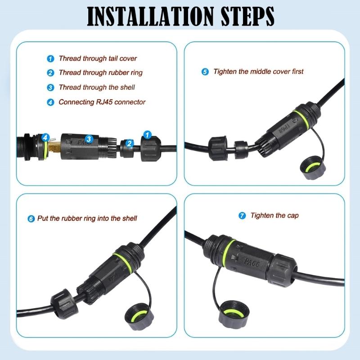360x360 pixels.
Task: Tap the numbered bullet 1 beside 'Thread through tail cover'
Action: pyautogui.click(x=50, y=58)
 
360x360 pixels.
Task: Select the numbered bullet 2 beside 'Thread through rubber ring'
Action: pyautogui.click(x=50, y=73)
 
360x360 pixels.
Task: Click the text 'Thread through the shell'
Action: pyautogui.click(x=97, y=87)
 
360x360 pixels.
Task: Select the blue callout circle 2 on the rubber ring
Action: pyautogui.click(x=130, y=144)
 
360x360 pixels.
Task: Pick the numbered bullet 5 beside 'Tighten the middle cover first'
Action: pyautogui.click(x=205, y=72)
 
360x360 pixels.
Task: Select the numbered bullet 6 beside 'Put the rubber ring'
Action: pyautogui.click(x=31, y=219)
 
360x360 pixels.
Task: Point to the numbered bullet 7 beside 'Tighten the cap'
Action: pyautogui.click(x=243, y=216)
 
